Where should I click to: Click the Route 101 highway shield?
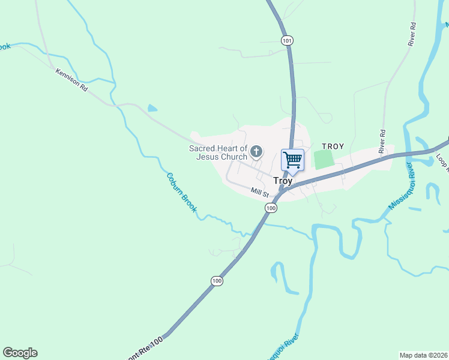point(287,40)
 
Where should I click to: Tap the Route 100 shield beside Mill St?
point(271,208)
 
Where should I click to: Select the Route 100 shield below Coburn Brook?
point(217,281)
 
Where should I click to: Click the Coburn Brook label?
point(181,192)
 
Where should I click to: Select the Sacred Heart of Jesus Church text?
point(218,152)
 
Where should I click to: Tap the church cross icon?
point(256,151)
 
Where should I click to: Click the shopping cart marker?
point(292,160)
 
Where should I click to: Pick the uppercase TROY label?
point(333,146)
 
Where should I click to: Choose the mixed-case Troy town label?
point(283,180)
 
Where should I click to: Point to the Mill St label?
point(261,192)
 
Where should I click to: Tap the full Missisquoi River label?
point(402,188)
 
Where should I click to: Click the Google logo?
point(20,353)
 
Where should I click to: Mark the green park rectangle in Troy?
point(324,160)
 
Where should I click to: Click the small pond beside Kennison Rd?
point(152,109)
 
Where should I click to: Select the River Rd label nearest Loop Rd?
point(382,141)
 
